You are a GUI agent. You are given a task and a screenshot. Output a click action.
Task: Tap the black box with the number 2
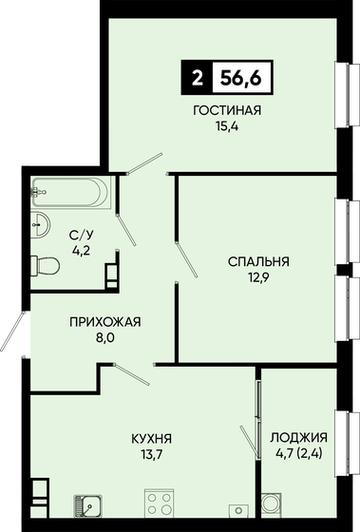pyautogui.click(x=197, y=79)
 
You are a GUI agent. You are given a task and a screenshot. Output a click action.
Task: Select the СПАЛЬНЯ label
pyautogui.click(x=257, y=260)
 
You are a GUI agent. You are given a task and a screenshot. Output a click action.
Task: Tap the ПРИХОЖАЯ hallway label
pyautogui.click(x=104, y=322)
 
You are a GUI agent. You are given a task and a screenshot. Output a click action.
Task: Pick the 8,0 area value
pyautogui.click(x=104, y=338)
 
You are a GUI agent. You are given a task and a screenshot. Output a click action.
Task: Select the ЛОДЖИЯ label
pyautogui.click(x=299, y=438)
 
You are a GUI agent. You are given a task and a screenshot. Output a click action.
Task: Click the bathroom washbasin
pyautogui.click(x=41, y=224)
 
